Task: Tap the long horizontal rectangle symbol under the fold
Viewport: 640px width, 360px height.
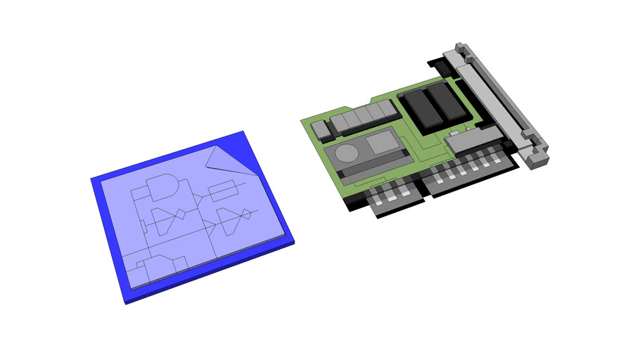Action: [x=222, y=189]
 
